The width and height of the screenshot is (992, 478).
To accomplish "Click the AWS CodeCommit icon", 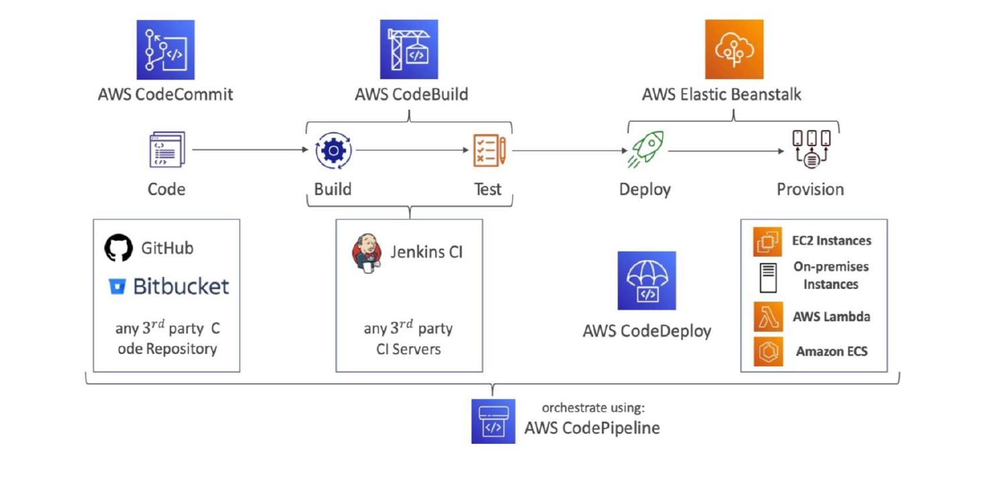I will (x=166, y=50).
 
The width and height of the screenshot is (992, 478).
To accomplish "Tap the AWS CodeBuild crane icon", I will (x=409, y=50).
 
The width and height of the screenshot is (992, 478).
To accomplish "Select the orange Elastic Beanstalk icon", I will (x=734, y=50).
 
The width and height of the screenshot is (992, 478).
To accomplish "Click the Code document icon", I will (x=166, y=150).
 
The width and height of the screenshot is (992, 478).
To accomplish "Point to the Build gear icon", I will (x=333, y=151).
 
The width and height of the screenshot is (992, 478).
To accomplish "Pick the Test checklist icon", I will (x=489, y=151).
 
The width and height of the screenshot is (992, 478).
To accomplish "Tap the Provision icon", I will (x=811, y=149).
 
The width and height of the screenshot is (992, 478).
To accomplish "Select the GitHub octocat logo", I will (x=119, y=248).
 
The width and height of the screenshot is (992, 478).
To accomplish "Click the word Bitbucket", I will (x=181, y=286).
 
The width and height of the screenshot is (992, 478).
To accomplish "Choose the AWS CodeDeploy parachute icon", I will (x=646, y=280).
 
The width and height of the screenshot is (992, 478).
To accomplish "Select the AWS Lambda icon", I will (x=768, y=317).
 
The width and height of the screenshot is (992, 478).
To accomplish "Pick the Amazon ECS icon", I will (x=768, y=351).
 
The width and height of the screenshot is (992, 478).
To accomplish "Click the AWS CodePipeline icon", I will (x=493, y=421).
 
